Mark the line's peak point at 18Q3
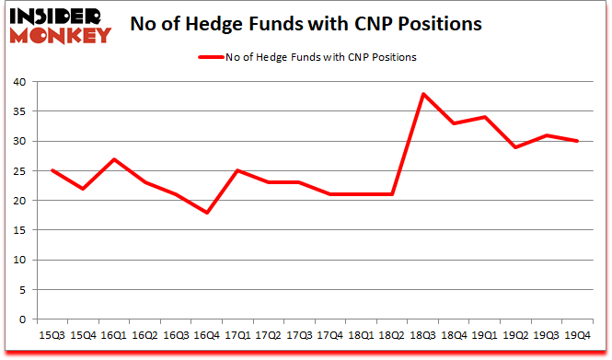point(422,94)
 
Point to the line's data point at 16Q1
point(114,159)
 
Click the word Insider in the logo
point(56,15)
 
